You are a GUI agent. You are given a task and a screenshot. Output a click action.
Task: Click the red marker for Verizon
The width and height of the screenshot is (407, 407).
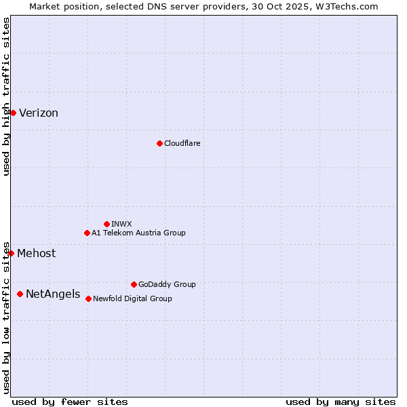click(x=13, y=113)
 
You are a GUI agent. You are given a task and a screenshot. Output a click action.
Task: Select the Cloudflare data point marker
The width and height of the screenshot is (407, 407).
click(x=159, y=143)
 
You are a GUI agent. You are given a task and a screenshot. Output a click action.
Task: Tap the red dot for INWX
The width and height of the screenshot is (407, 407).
click(x=106, y=224)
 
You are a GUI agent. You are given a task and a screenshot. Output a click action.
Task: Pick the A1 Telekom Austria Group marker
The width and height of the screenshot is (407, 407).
click(x=87, y=233)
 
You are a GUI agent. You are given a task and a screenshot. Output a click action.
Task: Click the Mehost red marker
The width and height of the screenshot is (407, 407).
click(x=11, y=253)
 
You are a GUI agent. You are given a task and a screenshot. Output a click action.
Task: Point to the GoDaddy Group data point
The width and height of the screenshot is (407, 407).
click(x=134, y=284)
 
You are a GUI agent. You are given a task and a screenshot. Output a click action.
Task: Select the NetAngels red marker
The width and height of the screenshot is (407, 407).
click(x=20, y=294)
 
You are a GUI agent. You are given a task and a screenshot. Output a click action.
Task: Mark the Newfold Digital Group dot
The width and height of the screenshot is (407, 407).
click(x=88, y=298)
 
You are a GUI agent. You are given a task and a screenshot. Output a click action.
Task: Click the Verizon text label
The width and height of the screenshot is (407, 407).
click(x=39, y=113)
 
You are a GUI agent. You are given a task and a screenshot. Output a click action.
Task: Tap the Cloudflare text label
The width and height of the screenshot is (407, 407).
click(x=182, y=143)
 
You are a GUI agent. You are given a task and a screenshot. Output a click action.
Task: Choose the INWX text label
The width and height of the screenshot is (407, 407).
click(x=121, y=224)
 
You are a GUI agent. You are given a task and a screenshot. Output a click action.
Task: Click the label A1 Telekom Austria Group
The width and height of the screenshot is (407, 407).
click(x=138, y=233)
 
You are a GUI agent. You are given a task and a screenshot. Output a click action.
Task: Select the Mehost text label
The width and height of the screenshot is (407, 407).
click(x=37, y=254)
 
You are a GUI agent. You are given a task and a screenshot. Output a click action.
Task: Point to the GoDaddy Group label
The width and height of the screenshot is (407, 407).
click(x=167, y=284)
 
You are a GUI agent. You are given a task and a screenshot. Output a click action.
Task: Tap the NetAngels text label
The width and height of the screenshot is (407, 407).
click(x=52, y=294)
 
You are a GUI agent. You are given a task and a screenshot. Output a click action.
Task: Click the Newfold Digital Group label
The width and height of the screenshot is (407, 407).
click(x=132, y=298)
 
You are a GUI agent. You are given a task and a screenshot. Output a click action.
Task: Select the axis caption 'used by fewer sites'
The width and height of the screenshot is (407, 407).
click(x=70, y=402)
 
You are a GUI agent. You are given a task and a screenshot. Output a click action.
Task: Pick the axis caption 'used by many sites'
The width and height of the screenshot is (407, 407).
click(x=341, y=402)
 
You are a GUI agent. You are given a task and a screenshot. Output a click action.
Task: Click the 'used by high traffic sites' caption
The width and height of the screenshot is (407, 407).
click(x=6, y=96)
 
